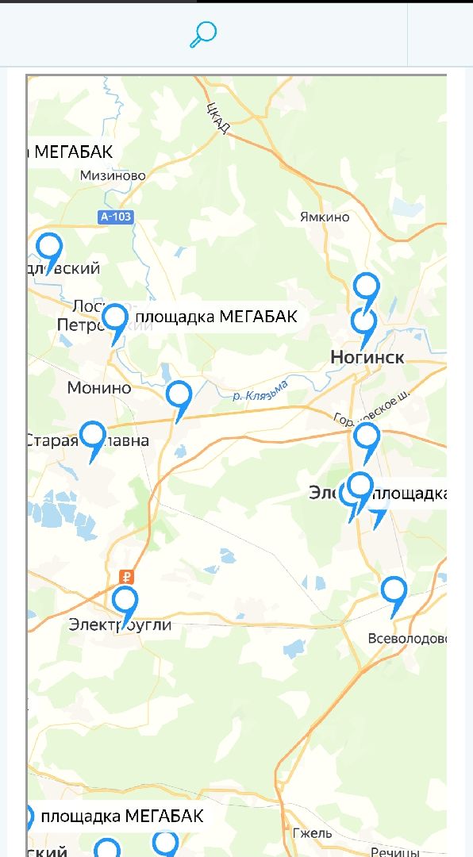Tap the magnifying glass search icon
pyautogui.click(x=203, y=34)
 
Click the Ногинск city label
pyautogui.click(x=367, y=358)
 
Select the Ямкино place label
pyautogui.click(x=324, y=217)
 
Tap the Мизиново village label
pyautogui.click(x=113, y=175)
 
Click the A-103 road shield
pyautogui.click(x=116, y=217)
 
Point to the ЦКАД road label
pyautogui.click(x=217, y=118)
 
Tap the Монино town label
pyautogui.click(x=99, y=388)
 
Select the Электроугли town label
pyautogui.click(x=120, y=624)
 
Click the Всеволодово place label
pyautogui.click(x=408, y=639)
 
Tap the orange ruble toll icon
pyautogui.click(x=125, y=577)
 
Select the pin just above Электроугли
pyautogui.click(x=125, y=602)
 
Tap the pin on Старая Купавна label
pyautogui.click(x=93, y=437)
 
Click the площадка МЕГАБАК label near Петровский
pyautogui.click(x=217, y=317)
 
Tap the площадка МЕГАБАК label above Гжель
pyautogui.click(x=122, y=816)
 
